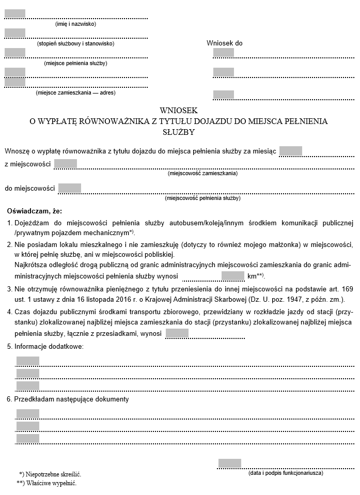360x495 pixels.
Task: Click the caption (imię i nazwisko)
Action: [75, 24]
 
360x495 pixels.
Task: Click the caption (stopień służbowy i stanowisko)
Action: [75, 43]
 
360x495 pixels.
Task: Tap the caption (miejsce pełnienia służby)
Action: [75, 63]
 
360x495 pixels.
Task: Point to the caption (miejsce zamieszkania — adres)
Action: [75, 93]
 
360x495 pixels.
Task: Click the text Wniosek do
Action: [224, 43]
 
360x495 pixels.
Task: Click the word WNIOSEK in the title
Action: [179, 111]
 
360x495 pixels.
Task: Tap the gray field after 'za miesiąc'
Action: [290, 151]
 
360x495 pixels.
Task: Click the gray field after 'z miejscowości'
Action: [66, 164]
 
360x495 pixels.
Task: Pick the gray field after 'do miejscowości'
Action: [70, 188]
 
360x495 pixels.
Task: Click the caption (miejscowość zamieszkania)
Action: [202, 173]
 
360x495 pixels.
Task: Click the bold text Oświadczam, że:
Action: [35, 211]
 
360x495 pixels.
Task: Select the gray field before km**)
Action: [232, 276]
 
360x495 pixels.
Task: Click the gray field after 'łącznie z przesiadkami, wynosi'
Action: [177, 333]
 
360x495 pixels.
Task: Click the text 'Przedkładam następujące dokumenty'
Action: [71, 399]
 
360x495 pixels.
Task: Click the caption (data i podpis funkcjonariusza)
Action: [286, 473]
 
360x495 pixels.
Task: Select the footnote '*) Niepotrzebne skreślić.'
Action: [50, 474]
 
